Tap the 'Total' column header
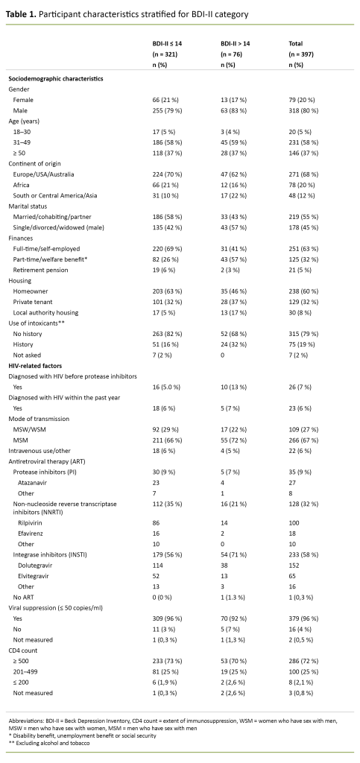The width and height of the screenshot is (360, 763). [x=297, y=45]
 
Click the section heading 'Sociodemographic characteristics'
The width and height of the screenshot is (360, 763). [x=55, y=78]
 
